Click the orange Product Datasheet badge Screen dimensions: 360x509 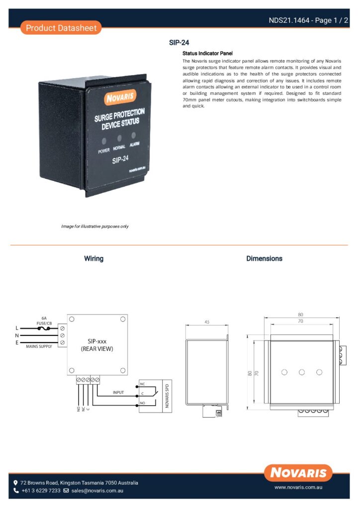point(61,28)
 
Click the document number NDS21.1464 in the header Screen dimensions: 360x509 point(289,20)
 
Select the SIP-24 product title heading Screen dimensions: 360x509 point(179,43)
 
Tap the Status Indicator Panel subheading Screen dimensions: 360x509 point(207,53)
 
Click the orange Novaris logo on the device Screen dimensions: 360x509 point(120,97)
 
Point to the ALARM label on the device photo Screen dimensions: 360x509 point(134,144)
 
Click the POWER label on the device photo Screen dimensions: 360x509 point(104,151)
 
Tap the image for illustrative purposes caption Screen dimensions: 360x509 point(95,226)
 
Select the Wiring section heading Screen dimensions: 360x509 point(94,258)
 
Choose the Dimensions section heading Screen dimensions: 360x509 point(264,258)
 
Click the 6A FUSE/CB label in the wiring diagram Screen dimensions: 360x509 point(44,321)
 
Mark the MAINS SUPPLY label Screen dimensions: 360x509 point(39,346)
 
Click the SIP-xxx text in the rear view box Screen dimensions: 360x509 point(97,341)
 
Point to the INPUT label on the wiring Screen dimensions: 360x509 point(118,393)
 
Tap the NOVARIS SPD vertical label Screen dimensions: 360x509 point(167,396)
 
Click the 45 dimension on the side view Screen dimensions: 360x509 point(207,322)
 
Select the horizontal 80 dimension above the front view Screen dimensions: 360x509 point(301,315)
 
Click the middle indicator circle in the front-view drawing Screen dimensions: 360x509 point(302,372)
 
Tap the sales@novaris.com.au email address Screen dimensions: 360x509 point(97,491)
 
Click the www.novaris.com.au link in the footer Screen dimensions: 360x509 point(298,487)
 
